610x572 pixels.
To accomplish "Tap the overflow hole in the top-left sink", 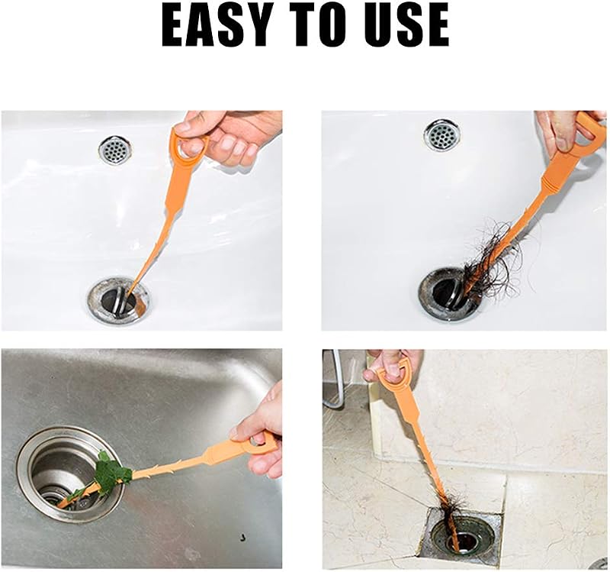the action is tap(115, 150).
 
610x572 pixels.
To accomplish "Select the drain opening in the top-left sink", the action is tap(119, 299).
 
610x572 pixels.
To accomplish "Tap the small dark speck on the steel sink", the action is tap(243, 537).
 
